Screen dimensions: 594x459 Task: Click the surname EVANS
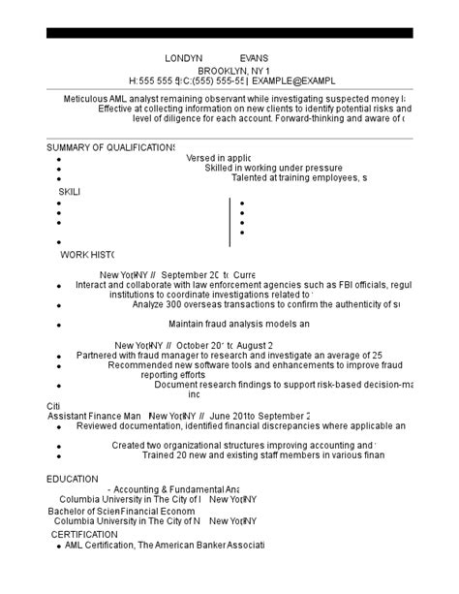(254, 58)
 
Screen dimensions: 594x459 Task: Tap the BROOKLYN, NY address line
(233, 72)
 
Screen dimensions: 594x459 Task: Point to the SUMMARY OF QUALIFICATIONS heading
(110, 147)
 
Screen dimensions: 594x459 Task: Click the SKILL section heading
(70, 192)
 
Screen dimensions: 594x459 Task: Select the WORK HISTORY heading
(88, 255)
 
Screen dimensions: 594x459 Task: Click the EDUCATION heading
(73, 479)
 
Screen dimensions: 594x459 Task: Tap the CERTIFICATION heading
(84, 534)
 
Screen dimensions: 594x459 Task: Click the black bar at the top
(229, 33)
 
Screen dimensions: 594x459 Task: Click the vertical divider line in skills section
(229, 221)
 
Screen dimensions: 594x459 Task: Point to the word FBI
(324, 285)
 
